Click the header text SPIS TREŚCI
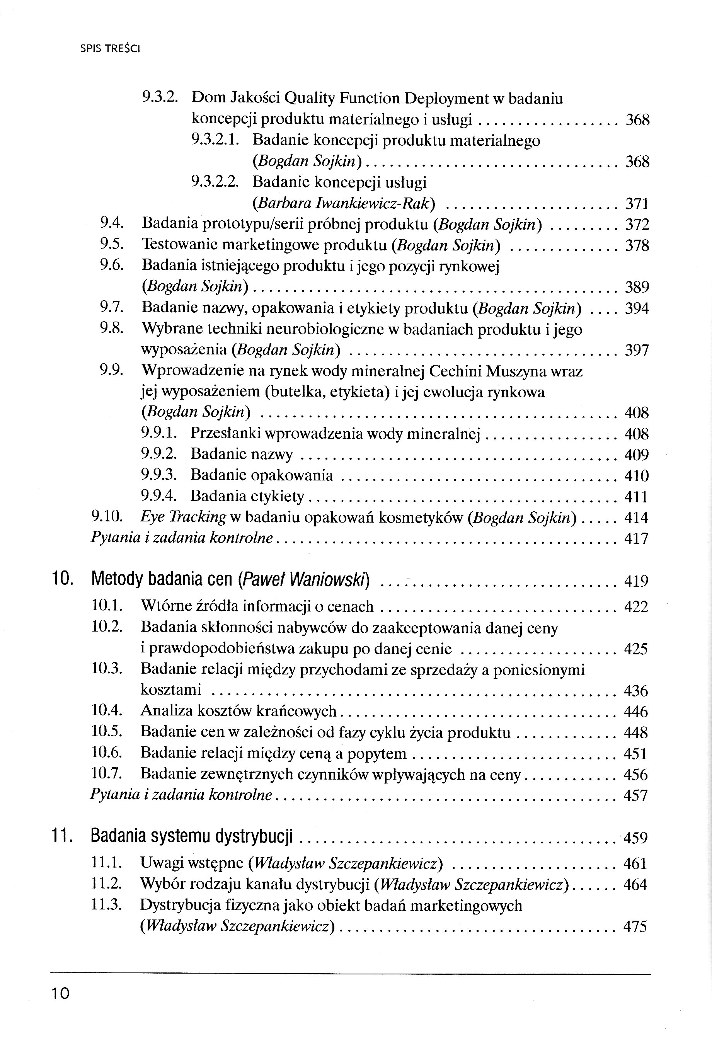(x=110, y=49)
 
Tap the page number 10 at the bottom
(x=60, y=993)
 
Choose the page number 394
(x=637, y=309)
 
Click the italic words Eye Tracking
(x=183, y=517)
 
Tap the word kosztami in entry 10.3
(x=170, y=690)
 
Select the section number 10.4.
(x=107, y=711)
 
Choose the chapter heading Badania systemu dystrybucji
(x=192, y=836)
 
